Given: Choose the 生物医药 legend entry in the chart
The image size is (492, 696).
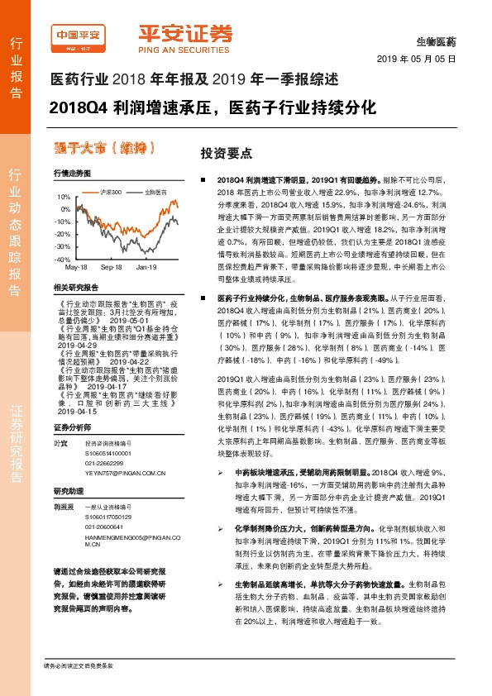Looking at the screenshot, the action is (x=155, y=192).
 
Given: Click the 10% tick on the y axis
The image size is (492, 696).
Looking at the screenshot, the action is (x=64, y=198).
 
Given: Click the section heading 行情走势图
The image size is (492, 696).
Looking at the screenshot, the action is (x=70, y=174).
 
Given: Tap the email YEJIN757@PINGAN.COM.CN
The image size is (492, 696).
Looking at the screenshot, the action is (x=120, y=464).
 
